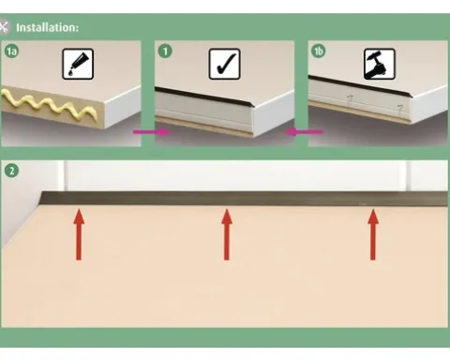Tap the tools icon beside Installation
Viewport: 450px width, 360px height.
(x=4, y=27)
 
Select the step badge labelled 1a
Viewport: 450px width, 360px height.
(x=11, y=51)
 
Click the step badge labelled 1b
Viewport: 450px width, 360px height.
(x=318, y=51)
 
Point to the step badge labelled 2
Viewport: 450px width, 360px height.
(x=11, y=171)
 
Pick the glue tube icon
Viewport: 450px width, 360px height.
(x=78, y=64)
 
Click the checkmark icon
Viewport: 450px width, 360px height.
(x=224, y=64)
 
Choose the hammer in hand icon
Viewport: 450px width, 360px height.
(x=380, y=64)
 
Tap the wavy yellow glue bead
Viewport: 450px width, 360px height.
(x=50, y=106)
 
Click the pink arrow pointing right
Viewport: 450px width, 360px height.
(x=152, y=132)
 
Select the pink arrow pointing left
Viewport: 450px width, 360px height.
(x=304, y=132)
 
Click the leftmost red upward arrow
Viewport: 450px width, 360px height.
(x=79, y=234)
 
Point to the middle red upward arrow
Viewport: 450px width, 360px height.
(x=227, y=234)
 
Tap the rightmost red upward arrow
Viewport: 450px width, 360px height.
(x=373, y=234)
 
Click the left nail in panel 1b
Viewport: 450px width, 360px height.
(x=350, y=99)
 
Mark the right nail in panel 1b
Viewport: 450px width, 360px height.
(x=399, y=109)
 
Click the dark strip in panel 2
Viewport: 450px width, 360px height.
(x=245, y=199)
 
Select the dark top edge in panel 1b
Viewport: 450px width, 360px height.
(x=359, y=85)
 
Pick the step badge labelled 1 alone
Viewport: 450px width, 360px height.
(x=165, y=51)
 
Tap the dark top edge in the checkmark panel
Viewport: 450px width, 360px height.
(x=204, y=97)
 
